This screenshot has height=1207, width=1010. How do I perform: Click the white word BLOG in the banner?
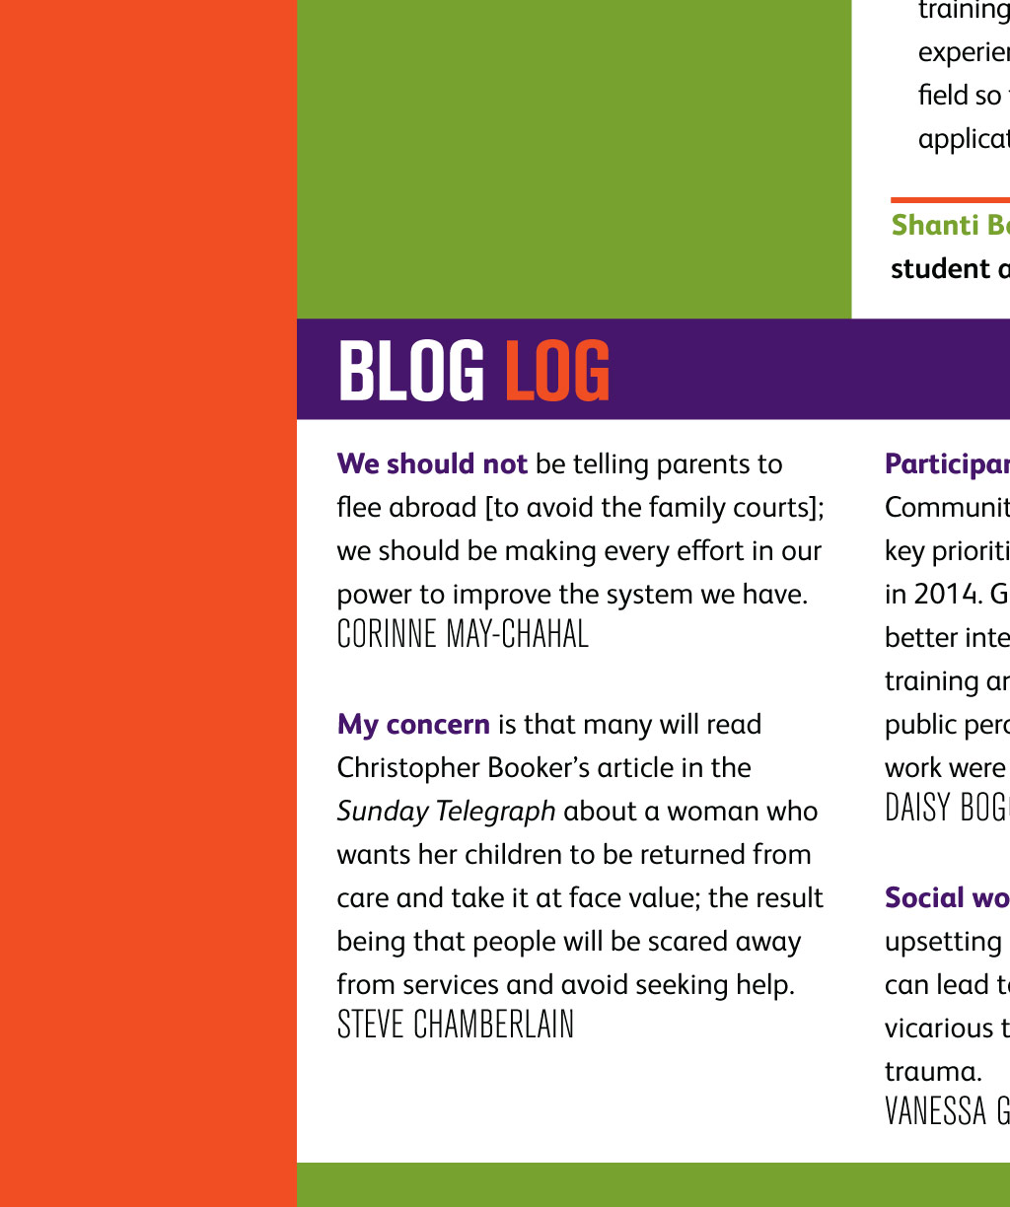pyautogui.click(x=410, y=371)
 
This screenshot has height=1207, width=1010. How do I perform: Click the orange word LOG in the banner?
pyautogui.click(x=557, y=371)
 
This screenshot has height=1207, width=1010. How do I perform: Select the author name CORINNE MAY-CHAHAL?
pyautogui.click(x=463, y=634)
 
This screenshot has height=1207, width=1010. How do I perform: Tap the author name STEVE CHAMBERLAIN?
pyautogui.click(x=456, y=1025)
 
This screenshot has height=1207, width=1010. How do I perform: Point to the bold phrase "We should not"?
pyautogui.click(x=432, y=463)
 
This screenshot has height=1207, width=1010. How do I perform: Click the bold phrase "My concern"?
pyautogui.click(x=413, y=724)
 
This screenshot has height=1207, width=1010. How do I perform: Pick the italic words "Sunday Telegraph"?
pyautogui.click(x=446, y=811)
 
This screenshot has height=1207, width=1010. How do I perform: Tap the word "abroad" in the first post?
pyautogui.click(x=432, y=507)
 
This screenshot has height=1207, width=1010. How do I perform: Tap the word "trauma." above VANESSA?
pyautogui.click(x=933, y=1071)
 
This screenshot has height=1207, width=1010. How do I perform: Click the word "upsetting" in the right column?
pyautogui.click(x=942, y=941)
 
